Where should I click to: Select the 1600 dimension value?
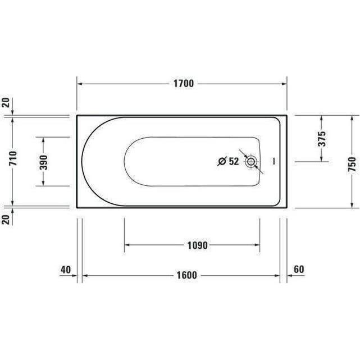(185, 275)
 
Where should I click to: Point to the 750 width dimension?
(352, 161)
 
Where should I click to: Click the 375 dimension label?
(322, 138)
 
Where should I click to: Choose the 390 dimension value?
(43, 161)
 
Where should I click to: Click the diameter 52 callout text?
(229, 162)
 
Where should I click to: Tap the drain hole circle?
(251, 162)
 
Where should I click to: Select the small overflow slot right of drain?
(274, 162)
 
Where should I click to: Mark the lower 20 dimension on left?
(6, 219)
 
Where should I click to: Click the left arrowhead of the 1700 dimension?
(80, 84)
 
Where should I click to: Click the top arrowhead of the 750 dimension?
(352, 119)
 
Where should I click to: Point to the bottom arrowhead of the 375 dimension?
(321, 158)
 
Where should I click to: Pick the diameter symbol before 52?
(222, 162)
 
